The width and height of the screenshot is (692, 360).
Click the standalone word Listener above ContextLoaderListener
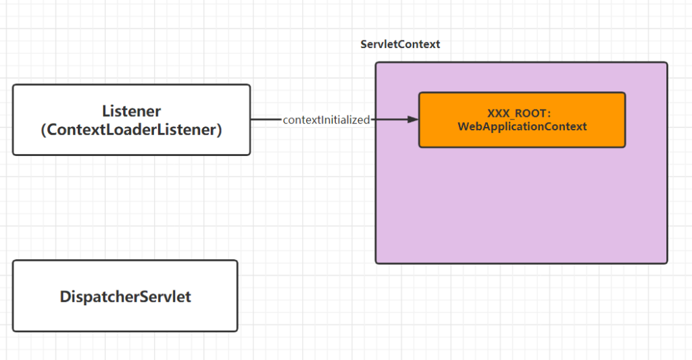coord(132,111)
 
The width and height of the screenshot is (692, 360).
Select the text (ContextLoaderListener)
coord(132,130)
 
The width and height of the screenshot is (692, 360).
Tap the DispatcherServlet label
coord(125,297)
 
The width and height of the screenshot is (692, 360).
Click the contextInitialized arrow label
coord(326,120)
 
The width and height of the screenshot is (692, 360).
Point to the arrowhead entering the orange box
coord(413,119)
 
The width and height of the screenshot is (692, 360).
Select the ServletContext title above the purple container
coord(400,44)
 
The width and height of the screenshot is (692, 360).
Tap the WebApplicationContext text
coord(522,126)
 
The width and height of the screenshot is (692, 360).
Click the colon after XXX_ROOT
coord(549,114)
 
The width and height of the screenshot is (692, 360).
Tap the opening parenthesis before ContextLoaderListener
coord(43,130)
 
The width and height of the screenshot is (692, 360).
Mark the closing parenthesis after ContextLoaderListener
coord(220,130)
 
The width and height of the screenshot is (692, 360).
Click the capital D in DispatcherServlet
coord(66,297)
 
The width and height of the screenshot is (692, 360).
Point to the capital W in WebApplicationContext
coord(464,126)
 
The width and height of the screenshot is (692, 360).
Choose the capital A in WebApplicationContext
coord(490,126)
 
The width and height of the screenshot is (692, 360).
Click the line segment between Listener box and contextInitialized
coord(266,119)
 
